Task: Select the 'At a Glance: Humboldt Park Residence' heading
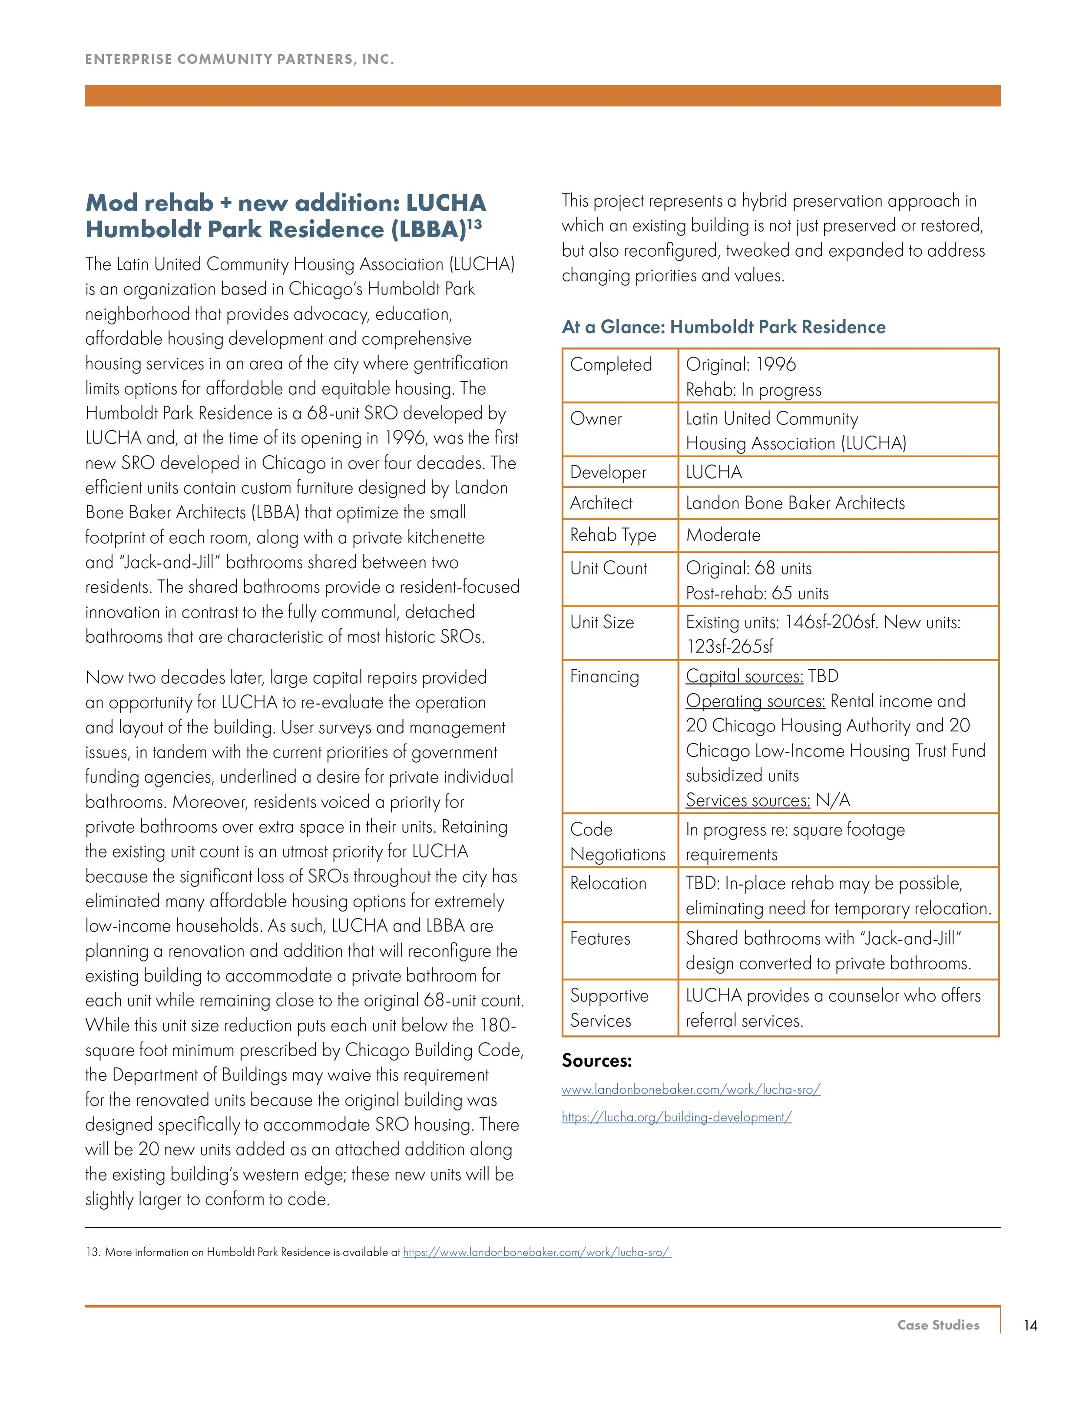point(723,327)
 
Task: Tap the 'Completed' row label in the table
point(611,365)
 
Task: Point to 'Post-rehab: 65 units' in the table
point(757,593)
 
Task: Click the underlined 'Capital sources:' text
point(744,676)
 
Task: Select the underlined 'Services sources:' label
point(747,800)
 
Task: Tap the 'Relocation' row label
point(608,883)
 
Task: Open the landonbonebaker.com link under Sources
point(690,1090)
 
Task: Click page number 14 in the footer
point(1030,1325)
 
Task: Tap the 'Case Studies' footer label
point(938,1325)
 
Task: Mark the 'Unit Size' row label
point(602,622)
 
